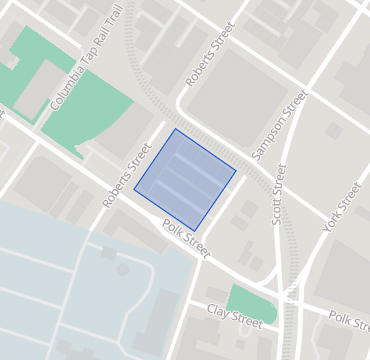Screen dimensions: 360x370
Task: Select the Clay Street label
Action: pos(233,317)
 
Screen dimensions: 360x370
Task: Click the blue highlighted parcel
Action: pos(185,179)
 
